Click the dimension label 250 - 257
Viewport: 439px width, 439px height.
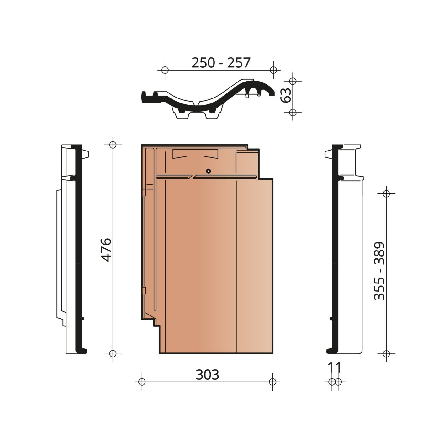click(x=221, y=63)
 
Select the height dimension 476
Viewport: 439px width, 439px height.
click(x=106, y=250)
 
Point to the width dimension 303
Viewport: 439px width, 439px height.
click(x=207, y=374)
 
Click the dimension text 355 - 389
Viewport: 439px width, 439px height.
click(x=379, y=271)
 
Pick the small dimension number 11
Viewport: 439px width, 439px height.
click(x=335, y=368)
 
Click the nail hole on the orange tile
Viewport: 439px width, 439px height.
click(x=208, y=171)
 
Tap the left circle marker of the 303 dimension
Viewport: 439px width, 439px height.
click(x=142, y=382)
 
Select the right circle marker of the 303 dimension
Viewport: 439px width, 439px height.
click(x=272, y=382)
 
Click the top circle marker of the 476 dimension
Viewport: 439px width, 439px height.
click(x=113, y=145)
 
